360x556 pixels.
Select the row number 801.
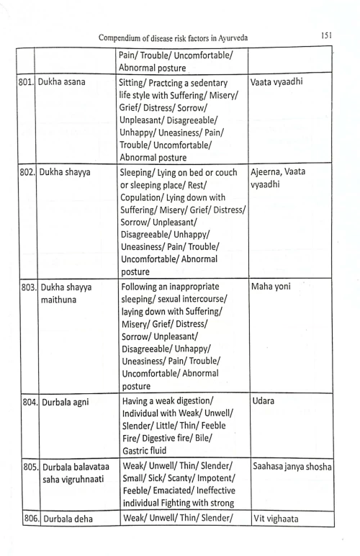tap(26, 81)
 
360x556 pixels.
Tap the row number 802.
tap(26, 173)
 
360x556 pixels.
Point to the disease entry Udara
tap(264, 400)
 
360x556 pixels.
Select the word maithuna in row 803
tap(61, 299)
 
